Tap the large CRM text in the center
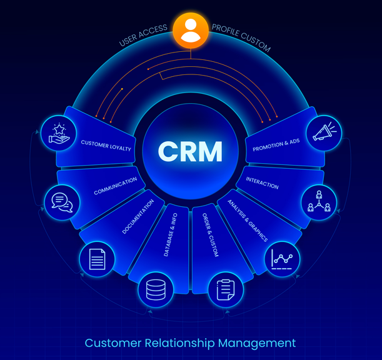pyautogui.click(x=191, y=151)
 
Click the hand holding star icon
pyautogui.click(x=59, y=134)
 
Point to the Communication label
pyautogui.click(x=115, y=186)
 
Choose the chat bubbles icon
pyautogui.click(x=62, y=201)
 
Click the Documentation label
pyautogui.click(x=138, y=217)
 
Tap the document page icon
pyautogui.click(x=97, y=259)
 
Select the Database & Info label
pyautogui.click(x=171, y=235)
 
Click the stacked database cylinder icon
pyautogui.click(x=155, y=289)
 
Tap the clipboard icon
pyautogui.click(x=225, y=290)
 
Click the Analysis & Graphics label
pyautogui.click(x=247, y=221)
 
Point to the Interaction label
pyautogui.click(x=262, y=182)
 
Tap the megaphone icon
pyautogui.click(x=324, y=133)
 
